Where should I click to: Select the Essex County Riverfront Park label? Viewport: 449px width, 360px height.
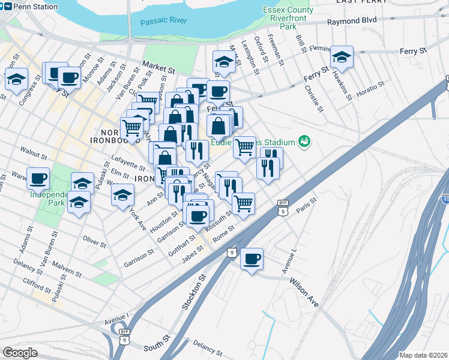pos(288,18)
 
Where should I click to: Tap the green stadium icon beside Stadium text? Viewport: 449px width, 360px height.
pos(305,142)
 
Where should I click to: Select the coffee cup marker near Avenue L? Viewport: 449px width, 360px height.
pos(252,259)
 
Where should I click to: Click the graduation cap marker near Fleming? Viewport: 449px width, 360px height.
pos(342,57)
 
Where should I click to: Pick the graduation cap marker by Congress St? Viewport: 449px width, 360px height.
pos(16,79)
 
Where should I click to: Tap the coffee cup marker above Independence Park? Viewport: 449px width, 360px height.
pos(38,178)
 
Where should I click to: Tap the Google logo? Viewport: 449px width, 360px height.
pos(20,353)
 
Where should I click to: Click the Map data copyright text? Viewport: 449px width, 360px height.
pos(423,355)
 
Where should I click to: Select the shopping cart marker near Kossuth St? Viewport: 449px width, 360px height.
pos(243,203)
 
